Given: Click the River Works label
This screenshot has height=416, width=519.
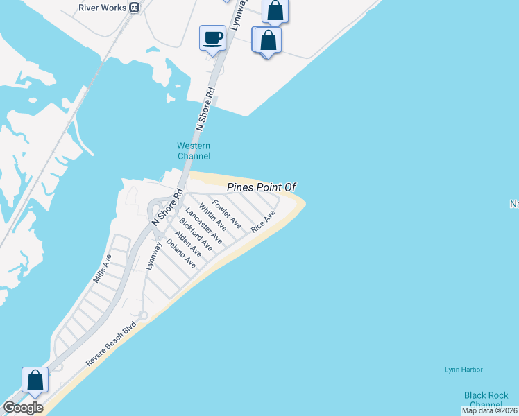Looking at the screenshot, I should [103, 7].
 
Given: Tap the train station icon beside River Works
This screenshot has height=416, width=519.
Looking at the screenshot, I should [135, 7].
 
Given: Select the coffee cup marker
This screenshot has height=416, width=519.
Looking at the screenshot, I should [212, 37].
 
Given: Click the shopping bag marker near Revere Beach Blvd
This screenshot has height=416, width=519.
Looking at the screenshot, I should [35, 381].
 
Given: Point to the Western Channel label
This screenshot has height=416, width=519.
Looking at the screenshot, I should [194, 150].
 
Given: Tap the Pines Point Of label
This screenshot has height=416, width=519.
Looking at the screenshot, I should [262, 187].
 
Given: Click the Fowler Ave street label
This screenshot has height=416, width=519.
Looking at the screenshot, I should [227, 214].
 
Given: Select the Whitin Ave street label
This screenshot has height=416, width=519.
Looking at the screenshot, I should [212, 217].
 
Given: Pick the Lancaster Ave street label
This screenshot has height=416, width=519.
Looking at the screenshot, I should [204, 225].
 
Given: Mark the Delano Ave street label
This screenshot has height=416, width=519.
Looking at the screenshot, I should [181, 254].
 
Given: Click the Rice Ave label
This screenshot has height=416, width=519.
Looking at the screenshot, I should [264, 221].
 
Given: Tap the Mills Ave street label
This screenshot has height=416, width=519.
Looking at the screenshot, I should [102, 269].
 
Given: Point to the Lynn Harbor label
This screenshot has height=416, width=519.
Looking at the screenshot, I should [463, 370].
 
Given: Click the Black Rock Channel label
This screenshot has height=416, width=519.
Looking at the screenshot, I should [486, 399].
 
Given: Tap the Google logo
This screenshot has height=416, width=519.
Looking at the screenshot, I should [23, 408].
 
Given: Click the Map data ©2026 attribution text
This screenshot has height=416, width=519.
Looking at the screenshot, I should [489, 410].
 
